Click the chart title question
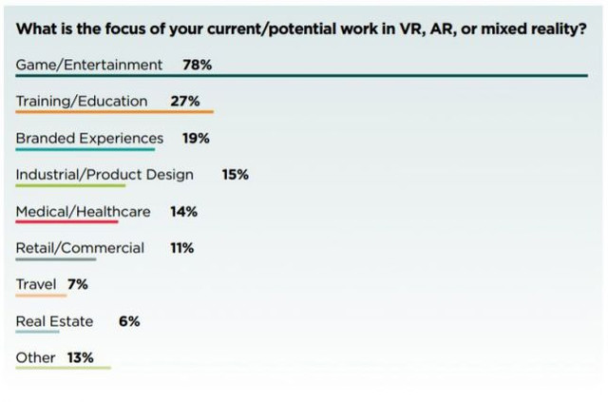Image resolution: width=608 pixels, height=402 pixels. coord(301,29)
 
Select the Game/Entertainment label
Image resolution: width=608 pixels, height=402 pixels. coord(89,65)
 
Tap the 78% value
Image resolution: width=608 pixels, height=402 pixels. coord(198,65)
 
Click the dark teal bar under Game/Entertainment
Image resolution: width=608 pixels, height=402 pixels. coord(301,76)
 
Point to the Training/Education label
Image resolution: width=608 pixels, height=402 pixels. coord(82,101)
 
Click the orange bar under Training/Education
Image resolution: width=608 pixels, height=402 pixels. coord(114,112)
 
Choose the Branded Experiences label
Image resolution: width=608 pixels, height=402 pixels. coord(89,138)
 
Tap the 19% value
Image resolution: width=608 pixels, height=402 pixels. coord(196,138)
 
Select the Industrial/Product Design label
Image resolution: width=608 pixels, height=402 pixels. coord(104,174)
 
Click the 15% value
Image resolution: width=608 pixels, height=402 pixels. coord(235,174)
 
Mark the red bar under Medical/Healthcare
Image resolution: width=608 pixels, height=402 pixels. coord(66,222)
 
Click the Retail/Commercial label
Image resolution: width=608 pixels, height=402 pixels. coord(80,248)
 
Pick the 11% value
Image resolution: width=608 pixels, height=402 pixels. coord(182,248)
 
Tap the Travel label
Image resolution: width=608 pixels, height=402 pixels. coord(36,284)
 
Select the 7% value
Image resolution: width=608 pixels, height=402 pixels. coord(77,284)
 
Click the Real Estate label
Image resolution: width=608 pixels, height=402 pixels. coord(54,321)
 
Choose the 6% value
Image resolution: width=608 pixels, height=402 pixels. coord(129,321)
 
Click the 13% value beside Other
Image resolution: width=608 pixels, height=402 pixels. coord(80,357)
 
